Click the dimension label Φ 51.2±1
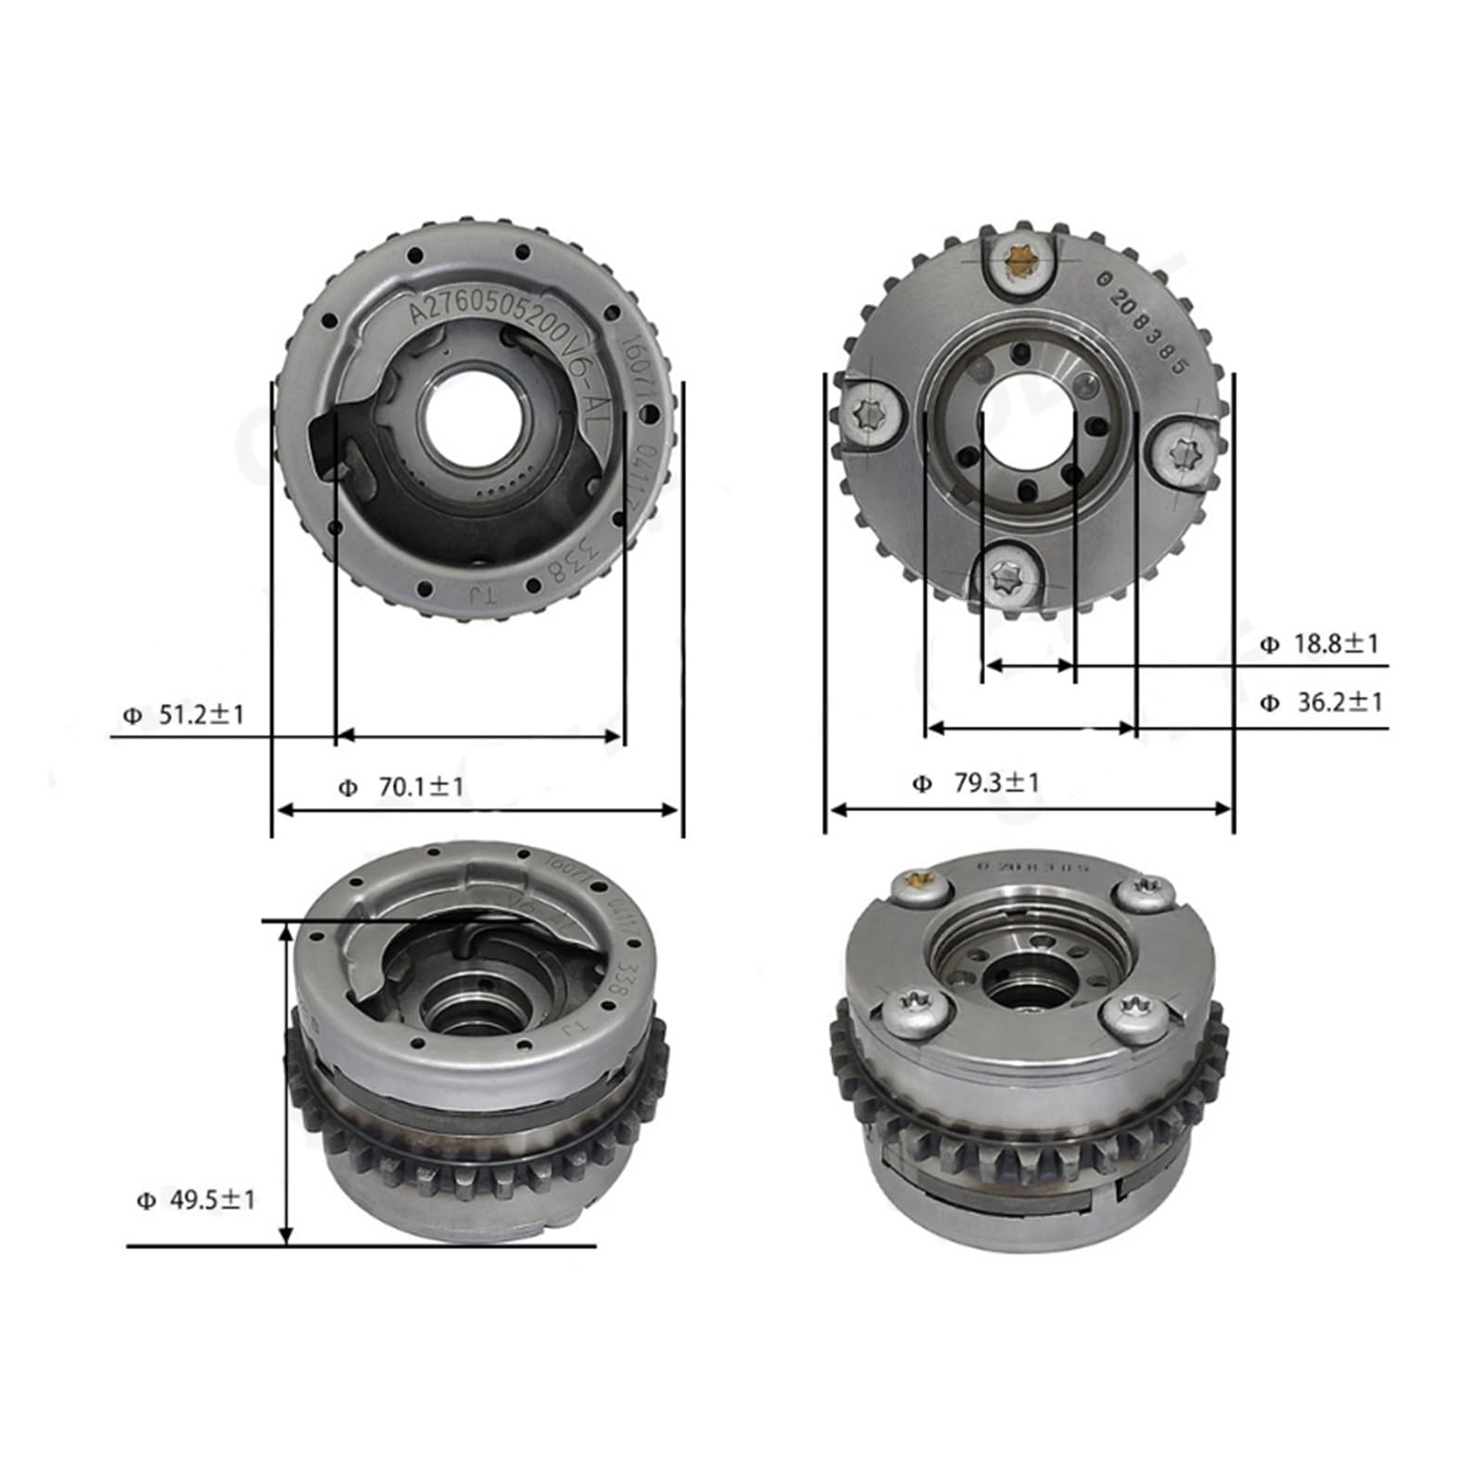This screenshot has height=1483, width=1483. click(x=184, y=715)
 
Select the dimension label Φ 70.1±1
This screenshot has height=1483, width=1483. click(x=401, y=787)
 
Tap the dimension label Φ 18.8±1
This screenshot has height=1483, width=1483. click(x=1320, y=643)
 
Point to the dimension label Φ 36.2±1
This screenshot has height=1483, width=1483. click(x=1320, y=703)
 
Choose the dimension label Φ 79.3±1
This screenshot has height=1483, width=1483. click(x=976, y=783)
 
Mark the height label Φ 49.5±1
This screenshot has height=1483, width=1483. click(x=196, y=1200)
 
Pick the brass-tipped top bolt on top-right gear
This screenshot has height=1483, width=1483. click(x=1018, y=264)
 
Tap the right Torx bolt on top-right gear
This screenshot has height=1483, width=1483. click(x=1184, y=452)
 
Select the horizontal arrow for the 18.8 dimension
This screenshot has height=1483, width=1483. click(x=1029, y=665)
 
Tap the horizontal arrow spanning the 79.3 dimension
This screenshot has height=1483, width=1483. click(x=1029, y=809)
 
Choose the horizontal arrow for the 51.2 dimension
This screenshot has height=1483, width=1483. click(x=478, y=736)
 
